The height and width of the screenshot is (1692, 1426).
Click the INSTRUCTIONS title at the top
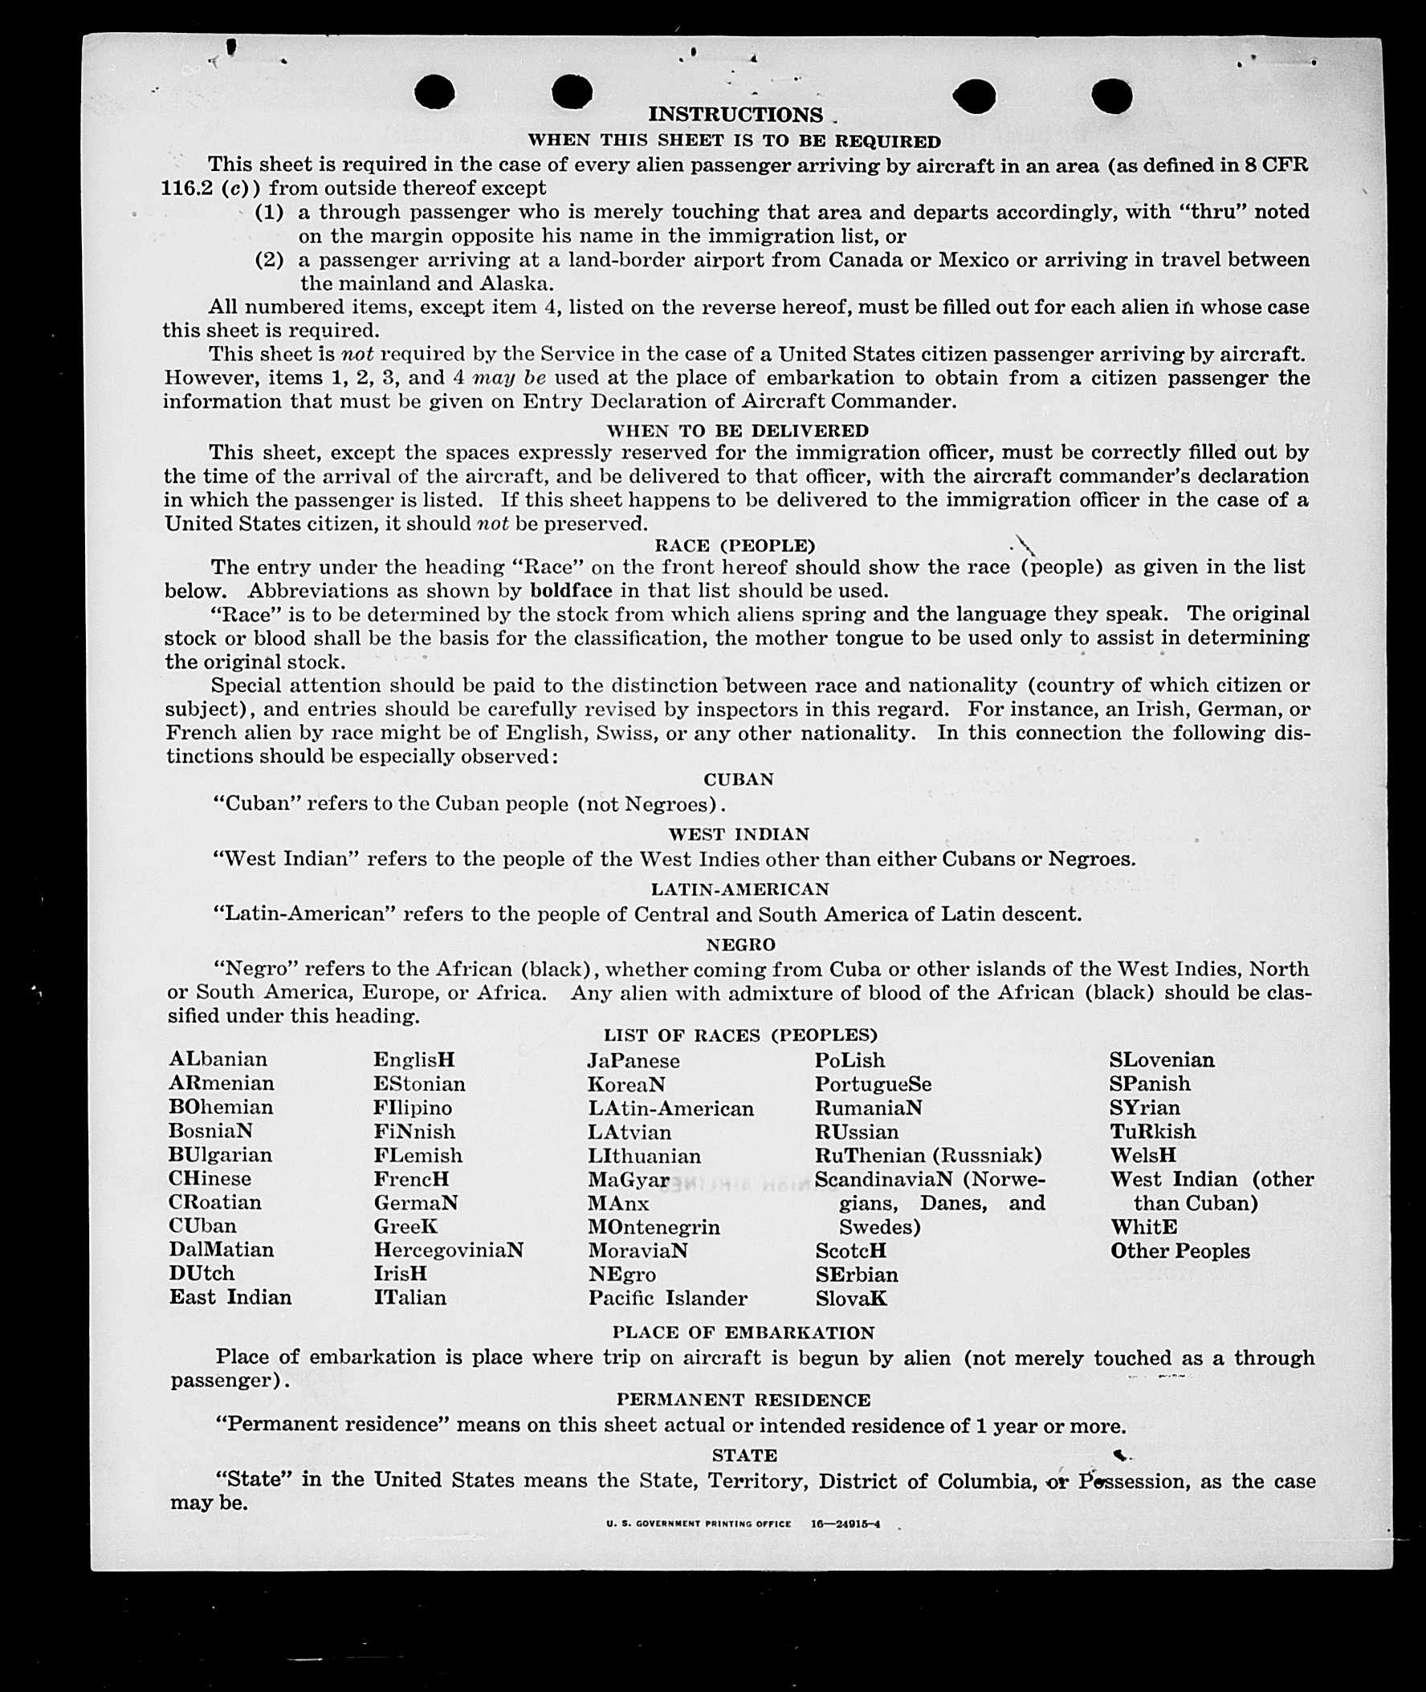point(735,115)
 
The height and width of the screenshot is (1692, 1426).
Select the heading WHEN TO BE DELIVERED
point(737,431)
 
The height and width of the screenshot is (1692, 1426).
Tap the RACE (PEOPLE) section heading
point(735,546)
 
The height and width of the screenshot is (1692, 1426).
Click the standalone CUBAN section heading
point(738,779)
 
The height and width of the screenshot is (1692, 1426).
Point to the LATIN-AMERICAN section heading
point(739,889)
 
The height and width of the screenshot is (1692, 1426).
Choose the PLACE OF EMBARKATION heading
point(743,1332)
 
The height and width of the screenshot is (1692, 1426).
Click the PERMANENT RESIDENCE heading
point(743,1400)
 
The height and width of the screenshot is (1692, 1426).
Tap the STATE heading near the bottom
point(744,1455)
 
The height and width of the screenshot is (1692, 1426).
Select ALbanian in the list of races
point(218,1059)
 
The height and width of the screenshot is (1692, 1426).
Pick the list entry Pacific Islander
point(667,1298)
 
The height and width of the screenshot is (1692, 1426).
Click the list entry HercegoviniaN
point(448,1250)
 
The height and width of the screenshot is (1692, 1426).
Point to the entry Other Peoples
point(1180,1251)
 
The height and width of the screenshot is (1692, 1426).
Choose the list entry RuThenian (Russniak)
point(927,1155)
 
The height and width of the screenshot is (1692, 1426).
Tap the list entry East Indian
point(230,1297)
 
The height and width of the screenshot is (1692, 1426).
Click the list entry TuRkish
point(1152,1131)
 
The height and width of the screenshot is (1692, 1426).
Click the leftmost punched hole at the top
point(434,91)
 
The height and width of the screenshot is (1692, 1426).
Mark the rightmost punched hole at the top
point(1110,96)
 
